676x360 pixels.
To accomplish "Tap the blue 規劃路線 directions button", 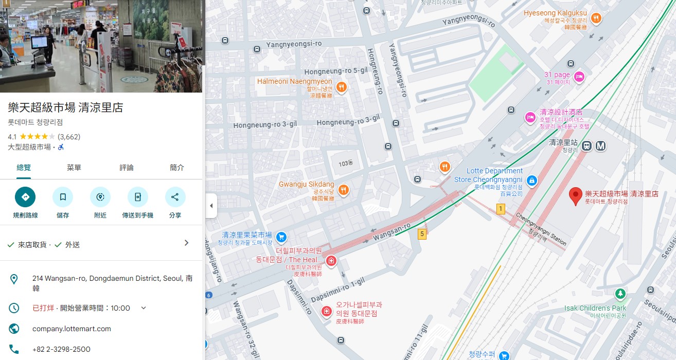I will [x=25, y=197].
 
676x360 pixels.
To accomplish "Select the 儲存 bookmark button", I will [x=63, y=197].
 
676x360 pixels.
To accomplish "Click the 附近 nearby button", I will [x=100, y=197].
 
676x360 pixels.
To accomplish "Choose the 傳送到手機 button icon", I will [x=138, y=197].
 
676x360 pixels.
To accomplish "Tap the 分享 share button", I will [x=175, y=197].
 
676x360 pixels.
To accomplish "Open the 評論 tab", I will [x=127, y=168].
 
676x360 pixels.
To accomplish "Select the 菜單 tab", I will [x=74, y=168].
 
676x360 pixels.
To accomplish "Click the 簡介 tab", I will [x=177, y=168].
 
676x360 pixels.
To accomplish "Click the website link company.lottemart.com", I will [x=72, y=329].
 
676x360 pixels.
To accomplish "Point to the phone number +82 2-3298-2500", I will [x=61, y=349].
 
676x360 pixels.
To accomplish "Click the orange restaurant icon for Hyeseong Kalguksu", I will [x=596, y=19].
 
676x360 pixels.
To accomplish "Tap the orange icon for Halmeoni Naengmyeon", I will [x=342, y=87].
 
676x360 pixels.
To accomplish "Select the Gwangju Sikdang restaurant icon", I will [x=344, y=190].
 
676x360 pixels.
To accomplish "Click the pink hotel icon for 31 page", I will [x=579, y=77].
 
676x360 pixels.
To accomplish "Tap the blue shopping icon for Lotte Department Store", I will [x=532, y=181].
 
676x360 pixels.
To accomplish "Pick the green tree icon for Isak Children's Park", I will [x=620, y=294].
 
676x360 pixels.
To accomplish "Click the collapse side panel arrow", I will [x=211, y=206].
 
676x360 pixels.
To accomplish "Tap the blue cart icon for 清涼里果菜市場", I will [x=281, y=237].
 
